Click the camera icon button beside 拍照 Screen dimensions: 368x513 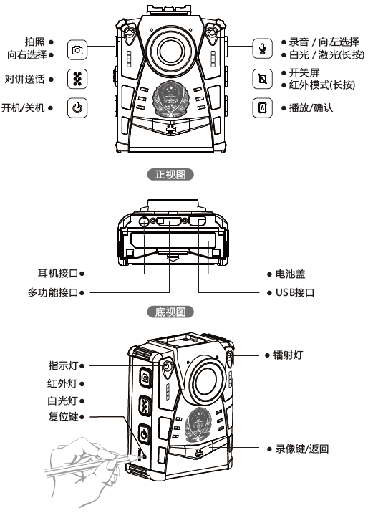(77, 49)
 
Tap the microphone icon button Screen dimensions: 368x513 (263, 49)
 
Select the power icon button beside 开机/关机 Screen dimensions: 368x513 (77, 107)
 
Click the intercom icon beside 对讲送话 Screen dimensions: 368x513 (77, 79)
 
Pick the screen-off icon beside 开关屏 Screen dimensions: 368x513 (263, 79)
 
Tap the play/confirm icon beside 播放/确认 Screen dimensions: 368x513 (263, 107)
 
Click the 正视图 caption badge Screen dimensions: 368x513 (170, 174)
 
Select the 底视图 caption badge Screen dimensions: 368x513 (170, 312)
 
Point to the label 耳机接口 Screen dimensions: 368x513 (58, 273)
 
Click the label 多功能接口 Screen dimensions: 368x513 (53, 292)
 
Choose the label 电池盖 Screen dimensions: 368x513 (290, 274)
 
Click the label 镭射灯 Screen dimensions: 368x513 (288, 355)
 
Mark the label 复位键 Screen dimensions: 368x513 (64, 416)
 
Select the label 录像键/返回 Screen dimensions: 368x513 (302, 449)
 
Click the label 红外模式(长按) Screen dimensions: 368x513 (322, 85)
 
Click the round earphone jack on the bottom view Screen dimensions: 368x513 (144, 221)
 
